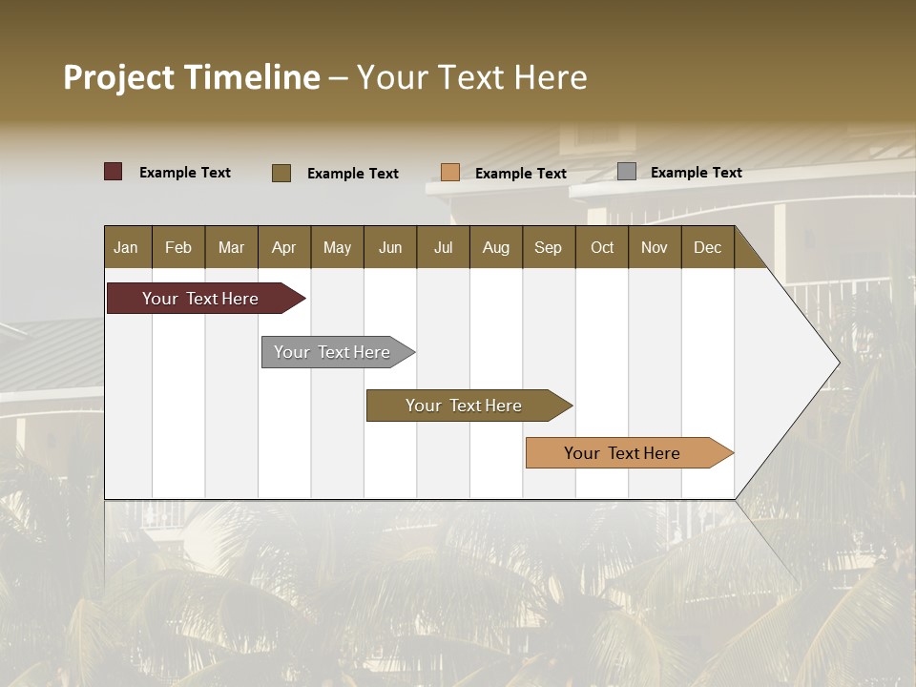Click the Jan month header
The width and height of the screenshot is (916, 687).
tap(127, 247)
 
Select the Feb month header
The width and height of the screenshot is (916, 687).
tap(178, 247)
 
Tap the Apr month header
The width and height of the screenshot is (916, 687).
tap(283, 247)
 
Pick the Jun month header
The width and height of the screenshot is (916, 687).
tap(389, 247)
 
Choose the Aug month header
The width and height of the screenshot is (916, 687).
tap(495, 247)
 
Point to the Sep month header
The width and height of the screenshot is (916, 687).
tap(548, 247)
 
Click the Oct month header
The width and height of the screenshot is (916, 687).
tap(601, 247)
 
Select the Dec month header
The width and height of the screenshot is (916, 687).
tap(707, 247)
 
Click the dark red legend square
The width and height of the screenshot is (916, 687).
tap(113, 172)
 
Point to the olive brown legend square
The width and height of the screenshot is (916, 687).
tap(281, 173)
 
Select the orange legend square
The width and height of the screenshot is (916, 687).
tap(450, 172)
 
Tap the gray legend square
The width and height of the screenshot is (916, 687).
tap(627, 171)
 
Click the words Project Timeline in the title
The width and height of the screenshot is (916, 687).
tap(191, 77)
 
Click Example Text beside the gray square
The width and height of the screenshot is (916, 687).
tap(696, 172)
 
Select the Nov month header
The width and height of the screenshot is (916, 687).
tap(654, 247)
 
